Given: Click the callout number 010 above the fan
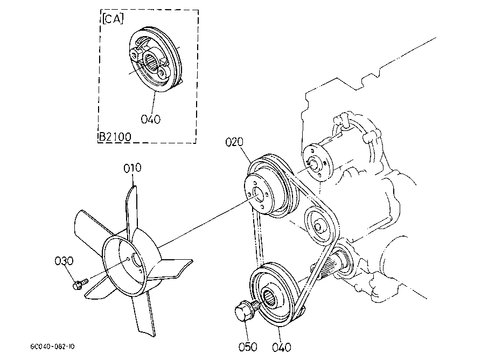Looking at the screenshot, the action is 133,168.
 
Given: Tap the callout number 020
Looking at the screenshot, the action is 234,142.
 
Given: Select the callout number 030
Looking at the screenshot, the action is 64,261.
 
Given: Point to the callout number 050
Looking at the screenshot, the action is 248,347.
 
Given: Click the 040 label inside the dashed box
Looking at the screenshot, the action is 151,119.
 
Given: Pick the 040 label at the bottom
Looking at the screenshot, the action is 281,348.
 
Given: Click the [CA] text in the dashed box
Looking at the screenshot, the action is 113,19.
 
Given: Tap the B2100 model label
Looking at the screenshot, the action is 115,137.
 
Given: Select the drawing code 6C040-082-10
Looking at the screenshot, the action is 52,347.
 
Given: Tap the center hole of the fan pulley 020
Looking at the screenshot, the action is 257,195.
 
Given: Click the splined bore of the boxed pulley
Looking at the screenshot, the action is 150,61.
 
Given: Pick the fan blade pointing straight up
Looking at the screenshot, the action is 131,212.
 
